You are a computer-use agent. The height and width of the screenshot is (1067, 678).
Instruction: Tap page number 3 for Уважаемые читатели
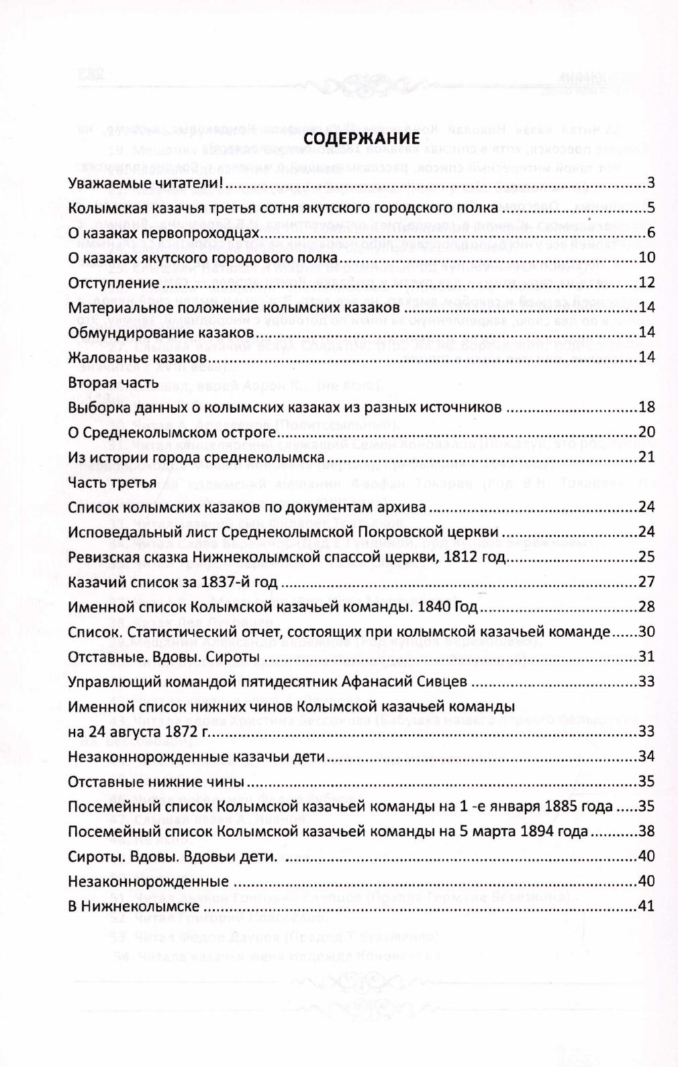[x=650, y=184]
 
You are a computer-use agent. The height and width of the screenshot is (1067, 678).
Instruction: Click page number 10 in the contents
[x=646, y=258]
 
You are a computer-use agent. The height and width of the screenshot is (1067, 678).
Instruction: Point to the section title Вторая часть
[x=113, y=383]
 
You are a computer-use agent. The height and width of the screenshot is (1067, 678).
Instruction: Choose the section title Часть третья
[x=112, y=482]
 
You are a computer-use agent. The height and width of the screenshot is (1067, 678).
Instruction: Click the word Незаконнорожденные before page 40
[x=148, y=881]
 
